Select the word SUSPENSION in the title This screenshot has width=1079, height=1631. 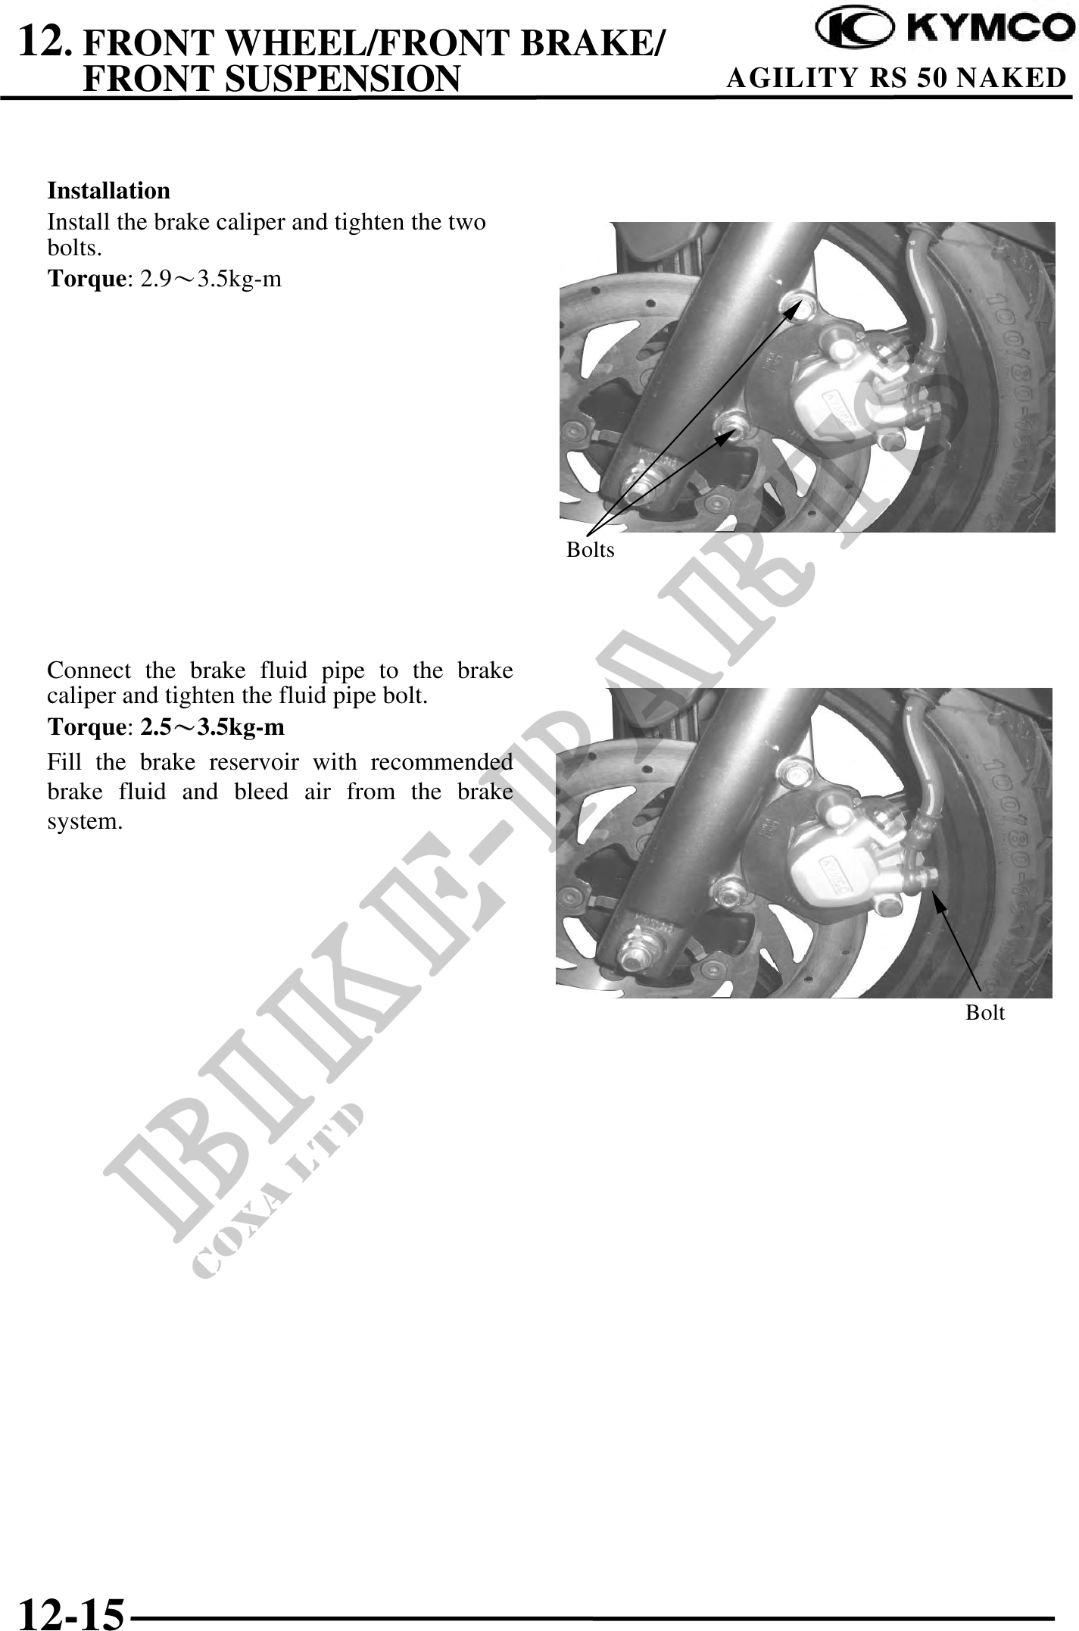tap(347, 78)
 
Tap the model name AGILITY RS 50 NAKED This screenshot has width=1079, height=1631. tap(897, 78)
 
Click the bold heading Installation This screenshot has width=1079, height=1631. tap(109, 190)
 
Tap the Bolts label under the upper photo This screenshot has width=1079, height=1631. tap(591, 550)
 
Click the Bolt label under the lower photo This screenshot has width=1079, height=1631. tap(985, 1012)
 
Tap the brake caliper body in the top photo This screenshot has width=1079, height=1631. tap(840, 383)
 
